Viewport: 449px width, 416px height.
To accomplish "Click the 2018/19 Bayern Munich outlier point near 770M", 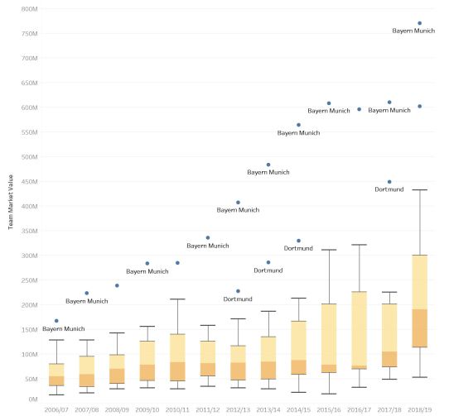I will tap(420, 23).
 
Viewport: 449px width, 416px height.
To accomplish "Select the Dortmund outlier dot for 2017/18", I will tap(389, 182).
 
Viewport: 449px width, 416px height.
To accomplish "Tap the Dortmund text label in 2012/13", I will tap(238, 299).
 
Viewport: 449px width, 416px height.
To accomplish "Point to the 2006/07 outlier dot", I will tap(56, 321).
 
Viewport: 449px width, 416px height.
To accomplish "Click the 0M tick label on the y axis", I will tap(32, 399).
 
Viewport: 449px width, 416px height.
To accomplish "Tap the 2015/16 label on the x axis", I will tap(329, 409).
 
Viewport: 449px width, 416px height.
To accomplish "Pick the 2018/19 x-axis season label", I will tap(420, 409).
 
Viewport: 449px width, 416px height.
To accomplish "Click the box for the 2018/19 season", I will tap(420, 301).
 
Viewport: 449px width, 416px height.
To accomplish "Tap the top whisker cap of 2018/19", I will tap(420, 190).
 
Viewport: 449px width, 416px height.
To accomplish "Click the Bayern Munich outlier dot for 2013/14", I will tap(268, 165).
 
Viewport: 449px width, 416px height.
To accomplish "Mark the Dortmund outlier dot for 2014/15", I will tap(298, 241).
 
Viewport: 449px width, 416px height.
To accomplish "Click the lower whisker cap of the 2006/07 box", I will tap(56, 395).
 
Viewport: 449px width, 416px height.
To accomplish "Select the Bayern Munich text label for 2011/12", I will tap(208, 245).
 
